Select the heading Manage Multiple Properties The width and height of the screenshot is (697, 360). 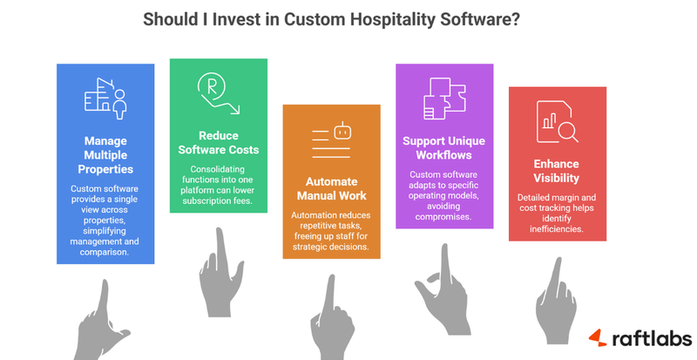[105, 154]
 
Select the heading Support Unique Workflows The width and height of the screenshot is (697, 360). [444, 148]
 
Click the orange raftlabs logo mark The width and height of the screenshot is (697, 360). [596, 336]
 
